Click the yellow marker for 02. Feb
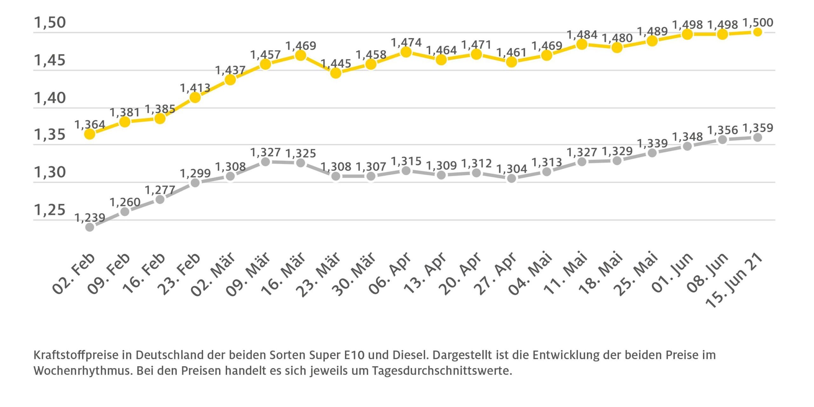tap(90, 134)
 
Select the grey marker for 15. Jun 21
tap(757, 138)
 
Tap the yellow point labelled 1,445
tap(336, 73)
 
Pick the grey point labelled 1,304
tap(511, 178)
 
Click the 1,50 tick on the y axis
tap(50, 23)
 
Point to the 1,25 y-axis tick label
tap(50, 210)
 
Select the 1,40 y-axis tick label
tap(50, 98)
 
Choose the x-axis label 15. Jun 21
tap(735, 280)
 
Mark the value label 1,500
tap(757, 23)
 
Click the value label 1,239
tap(90, 218)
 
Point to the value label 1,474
tap(406, 43)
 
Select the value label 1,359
tap(757, 128)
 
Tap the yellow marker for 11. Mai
tap(582, 44)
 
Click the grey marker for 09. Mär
tap(265, 162)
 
